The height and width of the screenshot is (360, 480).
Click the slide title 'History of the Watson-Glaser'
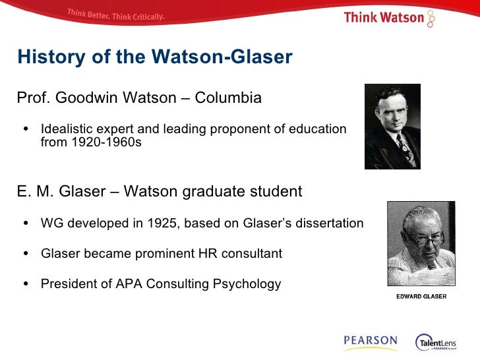(154, 57)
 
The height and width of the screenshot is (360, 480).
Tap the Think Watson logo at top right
(390, 17)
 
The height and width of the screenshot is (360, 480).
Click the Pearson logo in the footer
(370, 342)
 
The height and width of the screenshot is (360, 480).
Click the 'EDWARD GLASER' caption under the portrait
(421, 296)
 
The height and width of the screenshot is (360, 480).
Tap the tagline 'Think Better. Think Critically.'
(115, 15)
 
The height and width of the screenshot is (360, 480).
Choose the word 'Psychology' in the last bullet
(247, 284)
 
